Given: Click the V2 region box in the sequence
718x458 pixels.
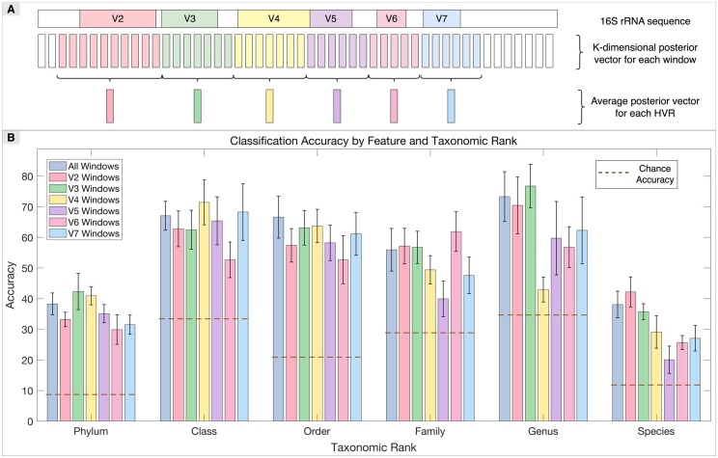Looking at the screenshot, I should coord(118,18).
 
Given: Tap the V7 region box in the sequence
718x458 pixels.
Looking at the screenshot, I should coord(442,18).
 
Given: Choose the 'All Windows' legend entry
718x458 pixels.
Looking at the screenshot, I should coord(99,166).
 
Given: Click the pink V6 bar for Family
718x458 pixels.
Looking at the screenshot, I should coord(456,326).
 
